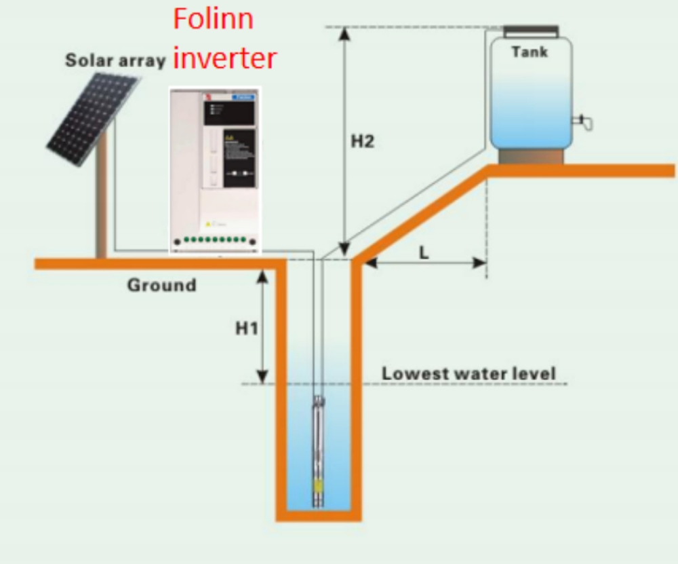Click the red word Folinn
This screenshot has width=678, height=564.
[x=213, y=18]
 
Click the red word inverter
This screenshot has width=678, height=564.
[x=224, y=58]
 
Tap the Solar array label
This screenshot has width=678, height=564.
[x=115, y=60]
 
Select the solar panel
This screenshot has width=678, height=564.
[x=94, y=119]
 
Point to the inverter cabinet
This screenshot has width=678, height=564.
[x=214, y=170]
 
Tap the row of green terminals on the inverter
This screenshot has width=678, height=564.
[x=214, y=241]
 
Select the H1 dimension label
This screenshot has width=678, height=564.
[x=247, y=328]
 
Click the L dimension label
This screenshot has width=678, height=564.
[x=424, y=252]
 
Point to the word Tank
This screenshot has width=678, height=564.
[x=530, y=52]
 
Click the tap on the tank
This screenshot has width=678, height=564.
[x=583, y=122]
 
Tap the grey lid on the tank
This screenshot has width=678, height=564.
[x=531, y=31]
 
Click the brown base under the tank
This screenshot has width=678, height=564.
[x=531, y=156]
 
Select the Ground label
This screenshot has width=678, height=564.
[x=161, y=285]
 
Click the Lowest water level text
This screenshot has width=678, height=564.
[x=468, y=373]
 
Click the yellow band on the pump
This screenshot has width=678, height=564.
[x=318, y=485]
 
